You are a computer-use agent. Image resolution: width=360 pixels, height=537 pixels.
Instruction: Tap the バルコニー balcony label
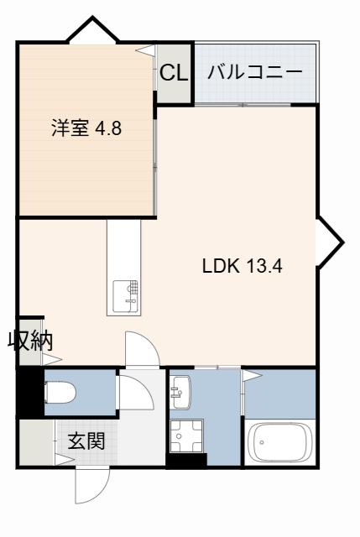[255, 72]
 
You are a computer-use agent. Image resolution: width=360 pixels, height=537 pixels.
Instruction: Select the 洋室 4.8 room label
[86, 128]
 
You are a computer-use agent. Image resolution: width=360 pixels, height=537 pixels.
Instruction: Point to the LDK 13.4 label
[243, 265]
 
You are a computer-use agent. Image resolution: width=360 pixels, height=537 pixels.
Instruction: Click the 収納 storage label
[30, 341]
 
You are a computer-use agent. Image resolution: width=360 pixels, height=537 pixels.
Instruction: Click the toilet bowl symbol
[60, 393]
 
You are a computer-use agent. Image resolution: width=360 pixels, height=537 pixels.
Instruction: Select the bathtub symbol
[280, 442]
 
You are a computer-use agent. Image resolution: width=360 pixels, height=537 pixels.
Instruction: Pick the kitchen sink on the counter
[126, 296]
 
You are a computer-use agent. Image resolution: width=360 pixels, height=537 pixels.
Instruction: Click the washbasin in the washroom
[180, 392]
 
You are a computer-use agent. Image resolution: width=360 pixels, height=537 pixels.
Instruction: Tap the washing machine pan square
[186, 436]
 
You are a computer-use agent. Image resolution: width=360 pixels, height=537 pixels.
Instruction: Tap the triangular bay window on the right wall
[331, 242]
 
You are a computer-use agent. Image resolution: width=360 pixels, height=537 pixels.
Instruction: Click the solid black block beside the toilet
[30, 392]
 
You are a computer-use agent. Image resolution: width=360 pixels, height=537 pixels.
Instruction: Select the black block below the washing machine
[186, 460]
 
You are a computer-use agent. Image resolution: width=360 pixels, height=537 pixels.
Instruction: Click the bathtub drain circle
[262, 442]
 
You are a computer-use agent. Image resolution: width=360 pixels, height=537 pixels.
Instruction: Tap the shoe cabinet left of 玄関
[37, 442]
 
